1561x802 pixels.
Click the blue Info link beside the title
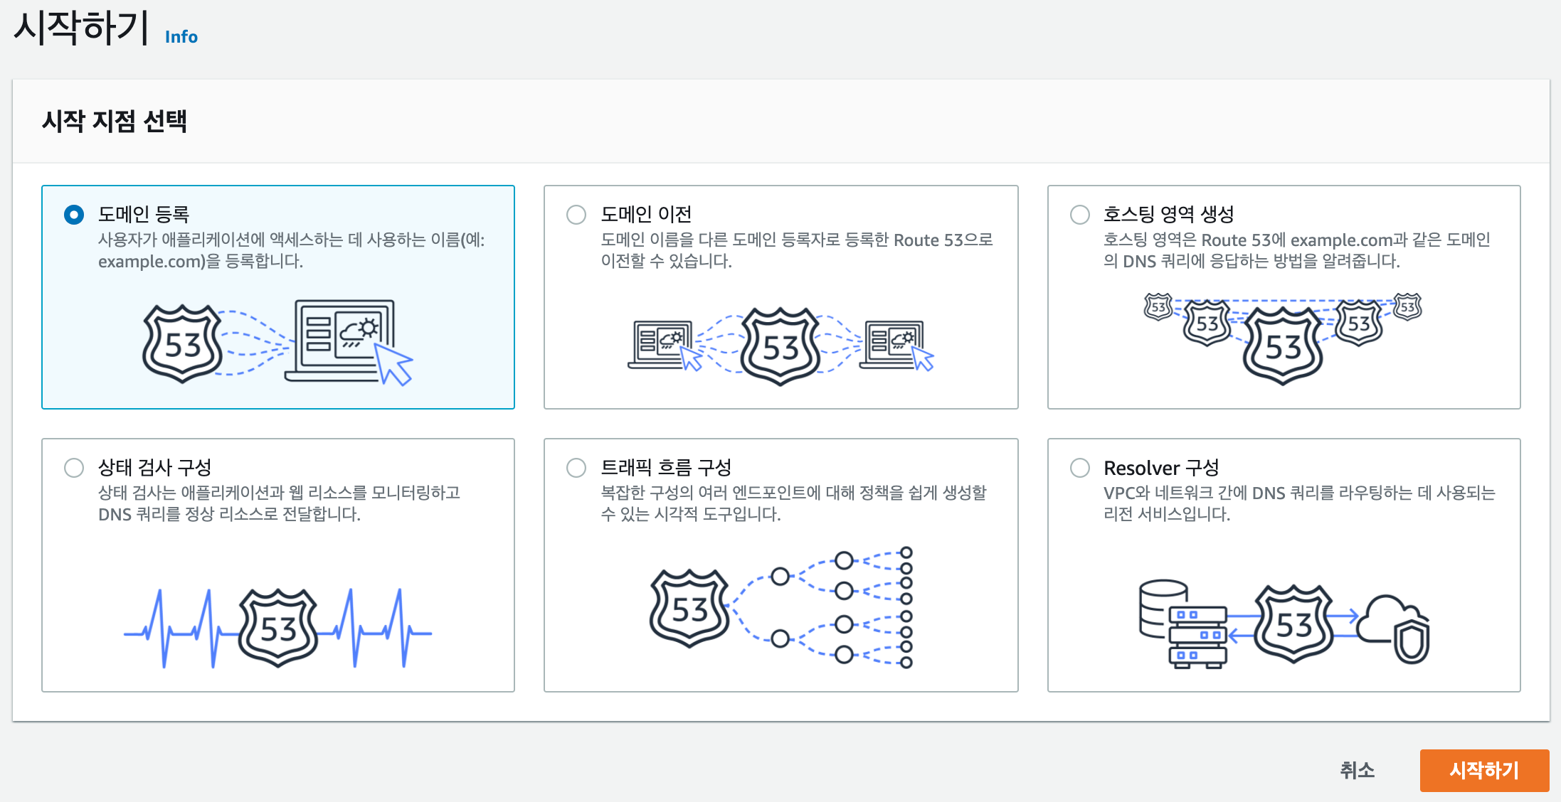point(181,37)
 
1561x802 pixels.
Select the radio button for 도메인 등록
point(74,215)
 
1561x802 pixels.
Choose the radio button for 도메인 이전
point(576,215)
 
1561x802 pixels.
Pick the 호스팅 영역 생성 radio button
point(1080,215)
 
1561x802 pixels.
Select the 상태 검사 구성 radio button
point(74,468)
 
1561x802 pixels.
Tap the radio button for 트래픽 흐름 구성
point(576,468)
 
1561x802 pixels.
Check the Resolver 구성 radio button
point(1080,468)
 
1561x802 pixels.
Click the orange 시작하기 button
point(1484,770)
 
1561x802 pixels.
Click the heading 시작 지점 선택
point(115,122)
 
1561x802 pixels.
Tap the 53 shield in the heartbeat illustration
point(278,628)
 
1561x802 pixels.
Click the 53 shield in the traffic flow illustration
point(689,609)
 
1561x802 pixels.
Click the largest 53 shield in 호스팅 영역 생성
point(1282,347)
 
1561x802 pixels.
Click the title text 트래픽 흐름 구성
point(666,468)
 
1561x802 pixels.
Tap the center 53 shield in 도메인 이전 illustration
point(780,347)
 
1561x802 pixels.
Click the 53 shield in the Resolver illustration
point(1293,624)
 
